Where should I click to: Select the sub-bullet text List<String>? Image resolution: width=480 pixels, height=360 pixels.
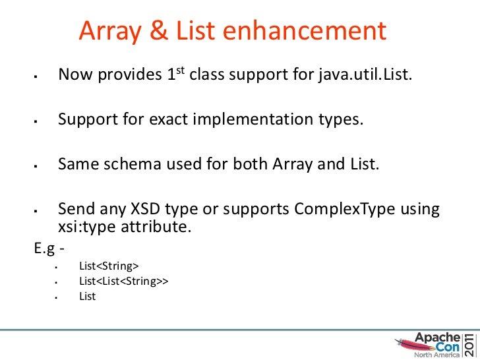pyautogui.click(x=109, y=266)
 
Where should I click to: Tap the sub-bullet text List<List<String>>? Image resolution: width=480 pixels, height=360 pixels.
pyautogui.click(x=124, y=281)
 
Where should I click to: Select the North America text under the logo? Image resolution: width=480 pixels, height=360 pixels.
pyautogui.click(x=432, y=354)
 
